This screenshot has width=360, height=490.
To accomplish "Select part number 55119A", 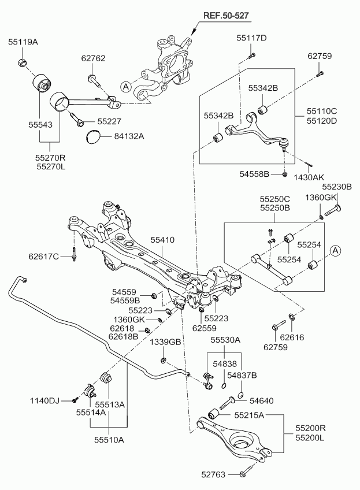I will point(23,42).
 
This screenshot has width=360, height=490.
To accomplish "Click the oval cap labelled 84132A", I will point(92,138).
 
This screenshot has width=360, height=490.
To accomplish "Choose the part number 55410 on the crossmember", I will point(162,239).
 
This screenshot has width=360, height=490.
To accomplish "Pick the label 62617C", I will point(44,256).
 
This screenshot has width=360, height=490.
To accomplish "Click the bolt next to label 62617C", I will point(74,254).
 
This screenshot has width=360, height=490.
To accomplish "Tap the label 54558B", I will point(255,173).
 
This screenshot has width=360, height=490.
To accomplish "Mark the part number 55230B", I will point(337,187).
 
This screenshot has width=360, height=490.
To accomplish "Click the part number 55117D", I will point(251,38).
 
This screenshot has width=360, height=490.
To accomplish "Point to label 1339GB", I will point(166,342).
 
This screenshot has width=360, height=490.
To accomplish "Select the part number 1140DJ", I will point(44,400).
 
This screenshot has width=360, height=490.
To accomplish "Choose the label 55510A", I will point(109,440).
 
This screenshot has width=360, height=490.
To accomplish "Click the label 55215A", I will point(250,415).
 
